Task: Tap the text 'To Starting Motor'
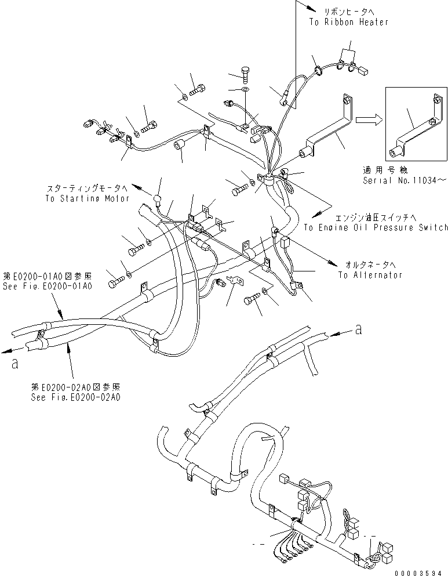click(x=85, y=198)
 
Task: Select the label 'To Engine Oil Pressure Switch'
click(x=376, y=227)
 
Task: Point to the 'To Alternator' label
click(x=370, y=275)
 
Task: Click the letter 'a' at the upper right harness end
click(x=359, y=329)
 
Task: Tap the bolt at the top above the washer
click(x=245, y=76)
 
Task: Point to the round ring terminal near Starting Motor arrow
click(x=156, y=202)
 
